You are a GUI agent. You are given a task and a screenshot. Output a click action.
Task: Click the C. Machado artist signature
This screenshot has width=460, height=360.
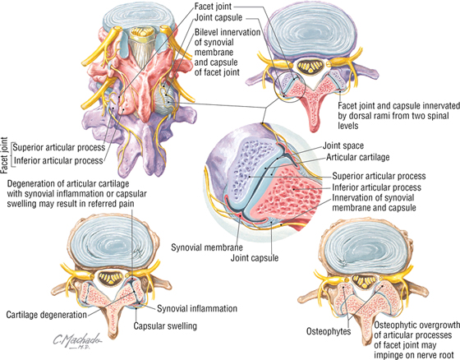(x=77, y=341)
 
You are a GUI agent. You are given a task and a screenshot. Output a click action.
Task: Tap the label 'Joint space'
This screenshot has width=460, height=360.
(x=343, y=145)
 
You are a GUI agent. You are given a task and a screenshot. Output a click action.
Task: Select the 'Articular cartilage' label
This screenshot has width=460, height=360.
(x=358, y=157)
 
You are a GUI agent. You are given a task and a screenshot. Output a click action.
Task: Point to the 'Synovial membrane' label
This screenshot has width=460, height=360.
(x=207, y=247)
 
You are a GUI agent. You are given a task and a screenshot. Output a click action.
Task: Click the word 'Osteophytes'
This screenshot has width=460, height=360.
(x=329, y=331)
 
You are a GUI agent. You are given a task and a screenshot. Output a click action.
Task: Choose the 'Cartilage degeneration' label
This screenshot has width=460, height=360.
(x=46, y=315)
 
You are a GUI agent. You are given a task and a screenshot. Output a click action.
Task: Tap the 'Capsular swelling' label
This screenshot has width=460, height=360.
(x=165, y=326)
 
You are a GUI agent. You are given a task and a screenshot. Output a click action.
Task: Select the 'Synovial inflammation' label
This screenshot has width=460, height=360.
(x=197, y=308)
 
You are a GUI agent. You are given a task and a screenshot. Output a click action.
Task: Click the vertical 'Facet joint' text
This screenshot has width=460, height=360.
(x=4, y=155)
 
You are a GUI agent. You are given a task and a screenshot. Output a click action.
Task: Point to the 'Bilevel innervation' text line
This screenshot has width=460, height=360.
(x=228, y=32)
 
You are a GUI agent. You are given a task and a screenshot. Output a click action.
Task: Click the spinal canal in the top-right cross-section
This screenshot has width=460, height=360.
(x=311, y=66)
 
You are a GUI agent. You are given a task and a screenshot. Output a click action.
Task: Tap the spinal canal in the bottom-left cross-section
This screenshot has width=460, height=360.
(x=110, y=278)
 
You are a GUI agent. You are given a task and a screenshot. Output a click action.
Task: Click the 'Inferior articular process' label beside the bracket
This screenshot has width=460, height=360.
(x=58, y=160)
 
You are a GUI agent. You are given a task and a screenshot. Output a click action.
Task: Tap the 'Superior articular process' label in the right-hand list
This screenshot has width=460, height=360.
(x=379, y=176)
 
